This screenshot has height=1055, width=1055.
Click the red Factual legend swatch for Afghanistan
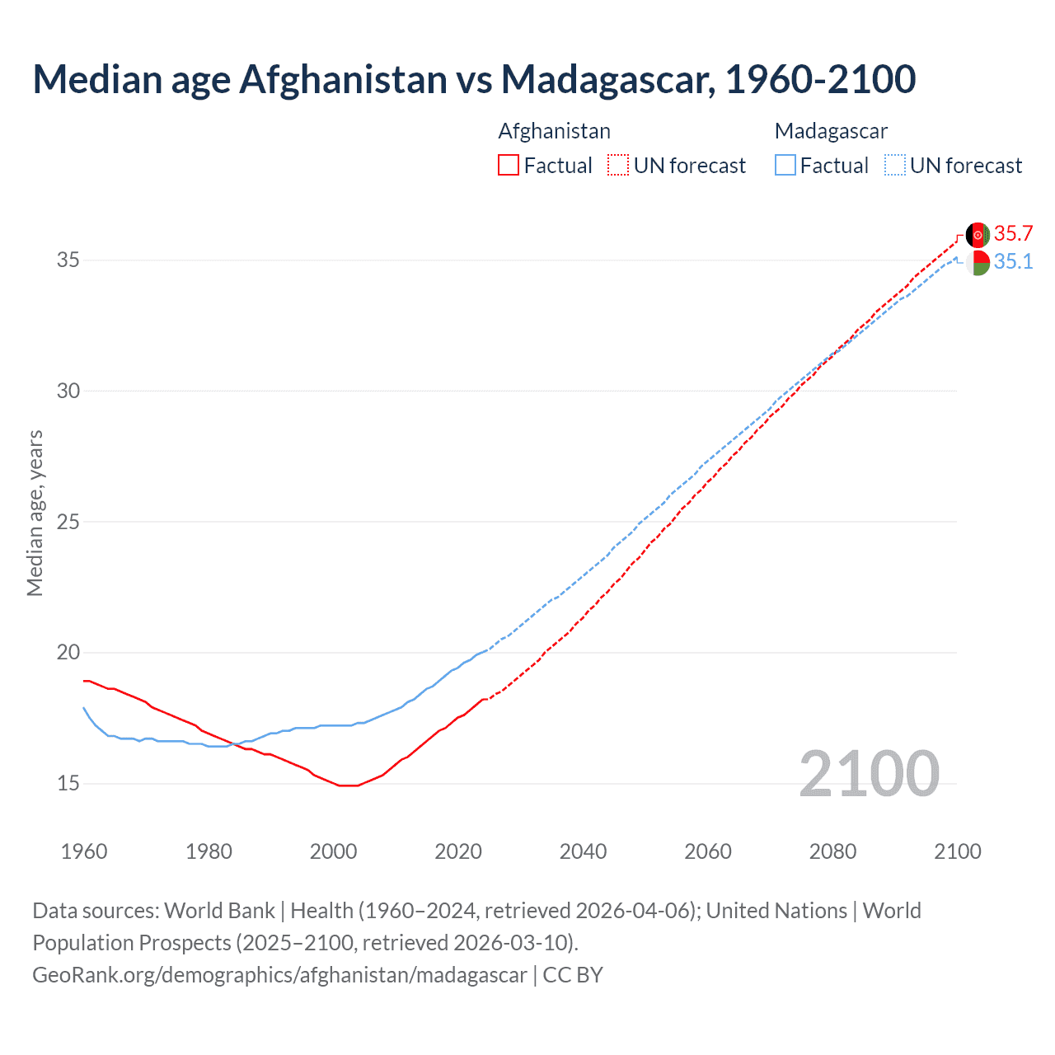point(509,165)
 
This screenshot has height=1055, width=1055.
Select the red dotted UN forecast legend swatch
point(618,165)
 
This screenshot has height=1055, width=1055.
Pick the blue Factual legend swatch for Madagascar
point(785,165)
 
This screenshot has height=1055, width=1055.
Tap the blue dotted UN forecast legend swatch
point(895,165)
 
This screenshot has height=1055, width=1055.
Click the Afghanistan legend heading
point(554,131)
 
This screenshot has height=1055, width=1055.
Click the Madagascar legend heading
point(831,131)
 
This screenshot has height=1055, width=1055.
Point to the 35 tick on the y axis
point(68,260)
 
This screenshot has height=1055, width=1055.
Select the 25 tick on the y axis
point(68,522)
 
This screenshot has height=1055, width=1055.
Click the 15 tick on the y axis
point(68,783)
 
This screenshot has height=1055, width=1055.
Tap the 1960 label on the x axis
point(84,851)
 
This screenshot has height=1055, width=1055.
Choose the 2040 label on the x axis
point(583,851)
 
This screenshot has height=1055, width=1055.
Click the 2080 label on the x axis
point(832,851)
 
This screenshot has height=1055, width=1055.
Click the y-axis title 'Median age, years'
point(35,513)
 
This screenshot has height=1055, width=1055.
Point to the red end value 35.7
point(1013,234)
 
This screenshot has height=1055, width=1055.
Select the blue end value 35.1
point(1013,262)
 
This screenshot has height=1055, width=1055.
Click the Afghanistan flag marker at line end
point(978,235)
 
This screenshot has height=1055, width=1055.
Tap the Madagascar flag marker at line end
point(978,263)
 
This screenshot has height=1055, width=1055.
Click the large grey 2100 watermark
point(869,773)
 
